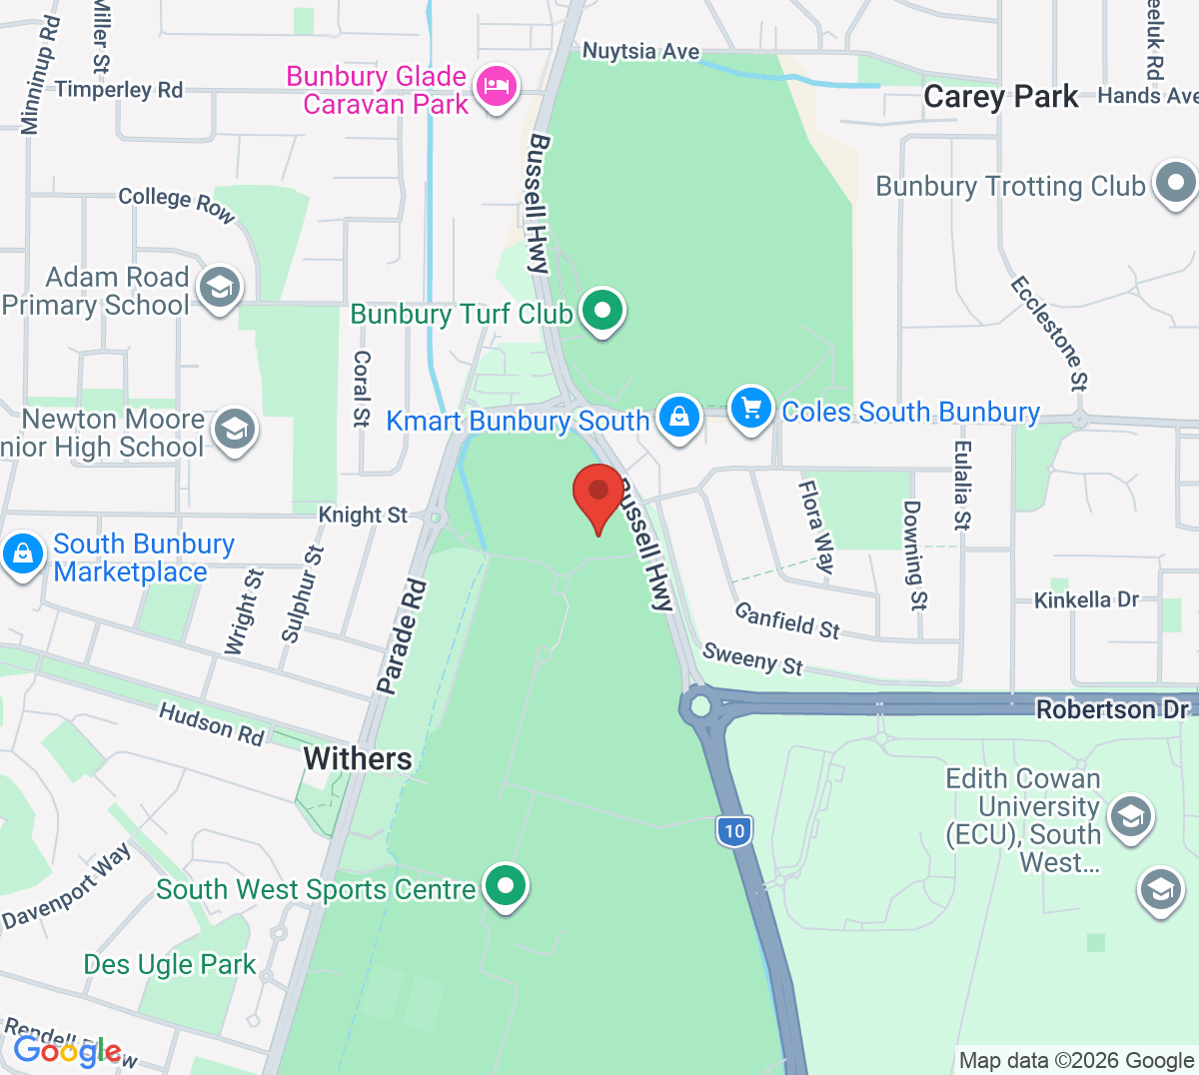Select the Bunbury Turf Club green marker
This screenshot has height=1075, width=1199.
[602, 311]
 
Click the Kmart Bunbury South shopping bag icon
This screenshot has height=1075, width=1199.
[679, 415]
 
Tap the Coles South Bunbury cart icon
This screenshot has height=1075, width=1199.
[751, 408]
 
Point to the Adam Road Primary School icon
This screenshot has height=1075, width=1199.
[219, 288]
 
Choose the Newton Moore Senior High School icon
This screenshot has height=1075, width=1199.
[234, 430]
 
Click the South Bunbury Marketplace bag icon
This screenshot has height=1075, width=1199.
[23, 553]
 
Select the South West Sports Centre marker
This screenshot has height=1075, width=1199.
[506, 886]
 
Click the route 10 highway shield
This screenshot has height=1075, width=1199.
[734, 830]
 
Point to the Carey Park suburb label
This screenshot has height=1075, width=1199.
[1001, 97]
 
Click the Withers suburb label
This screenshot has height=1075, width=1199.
[358, 758]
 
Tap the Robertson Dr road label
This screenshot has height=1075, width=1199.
[1112, 709]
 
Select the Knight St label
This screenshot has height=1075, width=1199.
[363, 515]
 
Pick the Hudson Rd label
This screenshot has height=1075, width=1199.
[212, 723]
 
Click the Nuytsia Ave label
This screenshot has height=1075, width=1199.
[641, 51]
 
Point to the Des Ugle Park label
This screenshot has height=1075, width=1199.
[170, 964]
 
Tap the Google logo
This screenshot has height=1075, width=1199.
[67, 1051]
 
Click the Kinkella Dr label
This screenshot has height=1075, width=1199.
[1086, 600]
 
